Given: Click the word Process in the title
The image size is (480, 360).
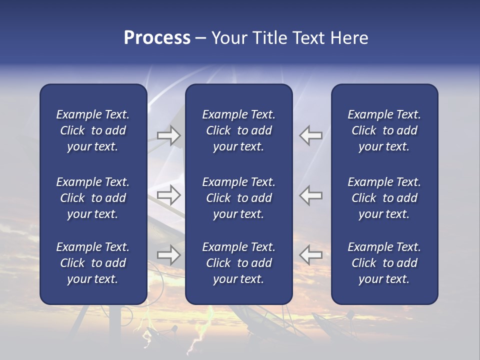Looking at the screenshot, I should point(157,38).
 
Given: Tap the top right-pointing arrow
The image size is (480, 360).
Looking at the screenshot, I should point(168,135).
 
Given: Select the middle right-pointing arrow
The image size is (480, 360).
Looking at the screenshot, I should point(168,195).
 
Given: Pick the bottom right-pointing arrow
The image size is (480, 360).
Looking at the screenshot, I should point(168,255).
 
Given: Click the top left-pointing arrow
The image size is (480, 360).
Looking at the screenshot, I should point(311,135).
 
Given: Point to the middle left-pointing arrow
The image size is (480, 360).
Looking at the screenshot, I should point(311,195).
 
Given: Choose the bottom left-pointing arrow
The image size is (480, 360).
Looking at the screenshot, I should point(311,255).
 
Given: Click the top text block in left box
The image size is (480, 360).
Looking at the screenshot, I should point(93,130).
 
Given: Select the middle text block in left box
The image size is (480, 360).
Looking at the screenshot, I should point(93,198).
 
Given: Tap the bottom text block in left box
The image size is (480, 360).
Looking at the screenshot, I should point(93,263).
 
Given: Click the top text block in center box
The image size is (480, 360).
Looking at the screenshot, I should point(238,130).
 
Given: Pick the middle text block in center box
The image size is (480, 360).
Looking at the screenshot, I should point(238,198).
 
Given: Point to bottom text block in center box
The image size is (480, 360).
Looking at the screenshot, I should point(238,263).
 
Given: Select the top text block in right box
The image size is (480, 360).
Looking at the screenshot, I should point(384,130).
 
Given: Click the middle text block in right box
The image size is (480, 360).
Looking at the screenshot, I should point(384,198).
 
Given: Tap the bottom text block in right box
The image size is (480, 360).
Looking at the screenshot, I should point(384,263).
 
